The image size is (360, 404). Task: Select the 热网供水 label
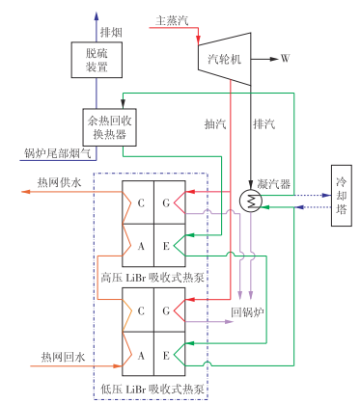click(56, 182)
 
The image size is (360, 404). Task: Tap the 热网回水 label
click(56, 359)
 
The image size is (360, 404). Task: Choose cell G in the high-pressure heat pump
click(167, 203)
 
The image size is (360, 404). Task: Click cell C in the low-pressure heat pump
click(140, 311)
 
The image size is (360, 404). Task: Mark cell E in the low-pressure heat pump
click(167, 355)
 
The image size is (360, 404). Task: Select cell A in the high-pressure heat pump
click(140, 247)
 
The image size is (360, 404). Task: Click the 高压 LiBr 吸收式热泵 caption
click(152, 279)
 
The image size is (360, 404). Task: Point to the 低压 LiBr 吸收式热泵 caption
click(152, 388)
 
